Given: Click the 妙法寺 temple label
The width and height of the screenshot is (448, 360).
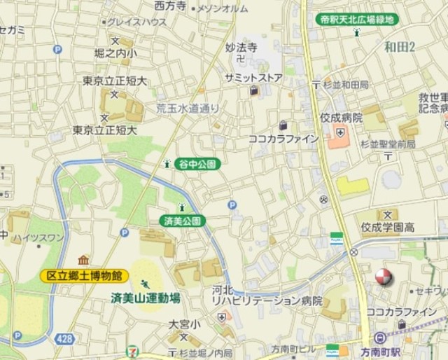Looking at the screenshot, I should [241, 48].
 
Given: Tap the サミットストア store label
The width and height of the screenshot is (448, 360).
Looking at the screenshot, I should [253, 77].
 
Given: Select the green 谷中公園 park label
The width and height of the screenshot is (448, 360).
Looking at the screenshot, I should [197, 164].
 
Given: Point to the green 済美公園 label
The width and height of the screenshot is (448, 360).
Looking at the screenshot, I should [183, 221].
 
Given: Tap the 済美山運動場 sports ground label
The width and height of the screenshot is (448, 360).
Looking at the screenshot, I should [146, 298].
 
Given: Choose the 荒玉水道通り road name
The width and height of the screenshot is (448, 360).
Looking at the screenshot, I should [187, 108].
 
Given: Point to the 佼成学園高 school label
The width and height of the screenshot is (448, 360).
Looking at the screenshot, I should [388, 228].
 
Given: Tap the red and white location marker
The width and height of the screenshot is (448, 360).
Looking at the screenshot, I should [383, 277].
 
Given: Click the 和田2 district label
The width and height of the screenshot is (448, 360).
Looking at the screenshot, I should [400, 47].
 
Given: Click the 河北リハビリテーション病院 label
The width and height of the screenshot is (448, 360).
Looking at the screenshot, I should [267, 295].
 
